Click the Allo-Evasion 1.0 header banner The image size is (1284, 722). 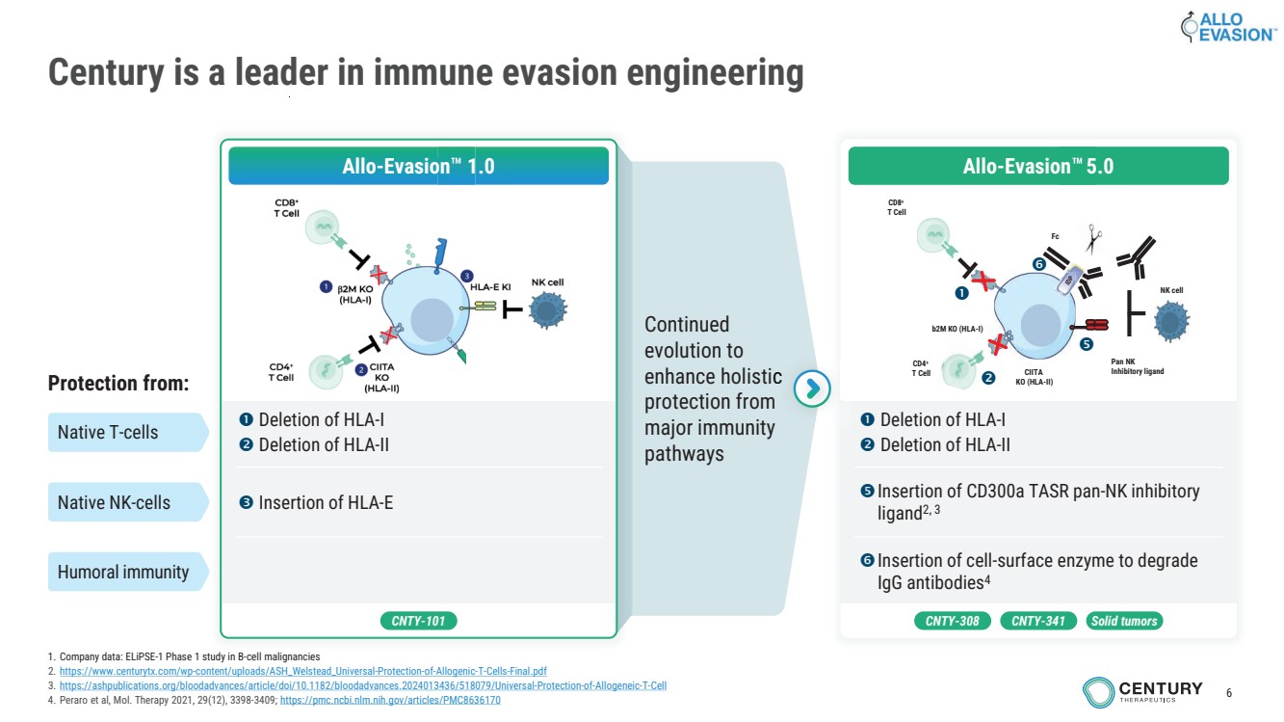tap(418, 166)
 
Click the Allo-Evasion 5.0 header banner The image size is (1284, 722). tap(1037, 166)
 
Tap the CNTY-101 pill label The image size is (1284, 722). tap(418, 621)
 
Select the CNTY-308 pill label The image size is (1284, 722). tap(952, 621)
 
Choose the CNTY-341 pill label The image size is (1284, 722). tap(1037, 621)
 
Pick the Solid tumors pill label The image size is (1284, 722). tap(1124, 621)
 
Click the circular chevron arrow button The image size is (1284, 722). tap(813, 388)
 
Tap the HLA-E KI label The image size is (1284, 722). tap(490, 287)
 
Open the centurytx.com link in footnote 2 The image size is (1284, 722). tap(302, 671)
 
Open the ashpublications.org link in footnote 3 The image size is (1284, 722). tap(362, 685)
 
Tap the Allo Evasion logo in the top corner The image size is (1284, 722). tap(1227, 27)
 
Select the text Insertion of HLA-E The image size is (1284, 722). tap(325, 502)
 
